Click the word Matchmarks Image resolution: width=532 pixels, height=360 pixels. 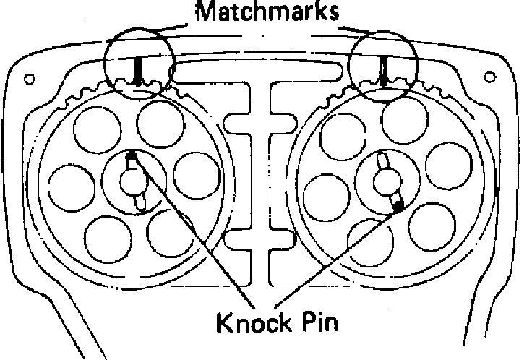pos(266,12)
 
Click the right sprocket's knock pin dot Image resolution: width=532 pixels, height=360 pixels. pos(398,207)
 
